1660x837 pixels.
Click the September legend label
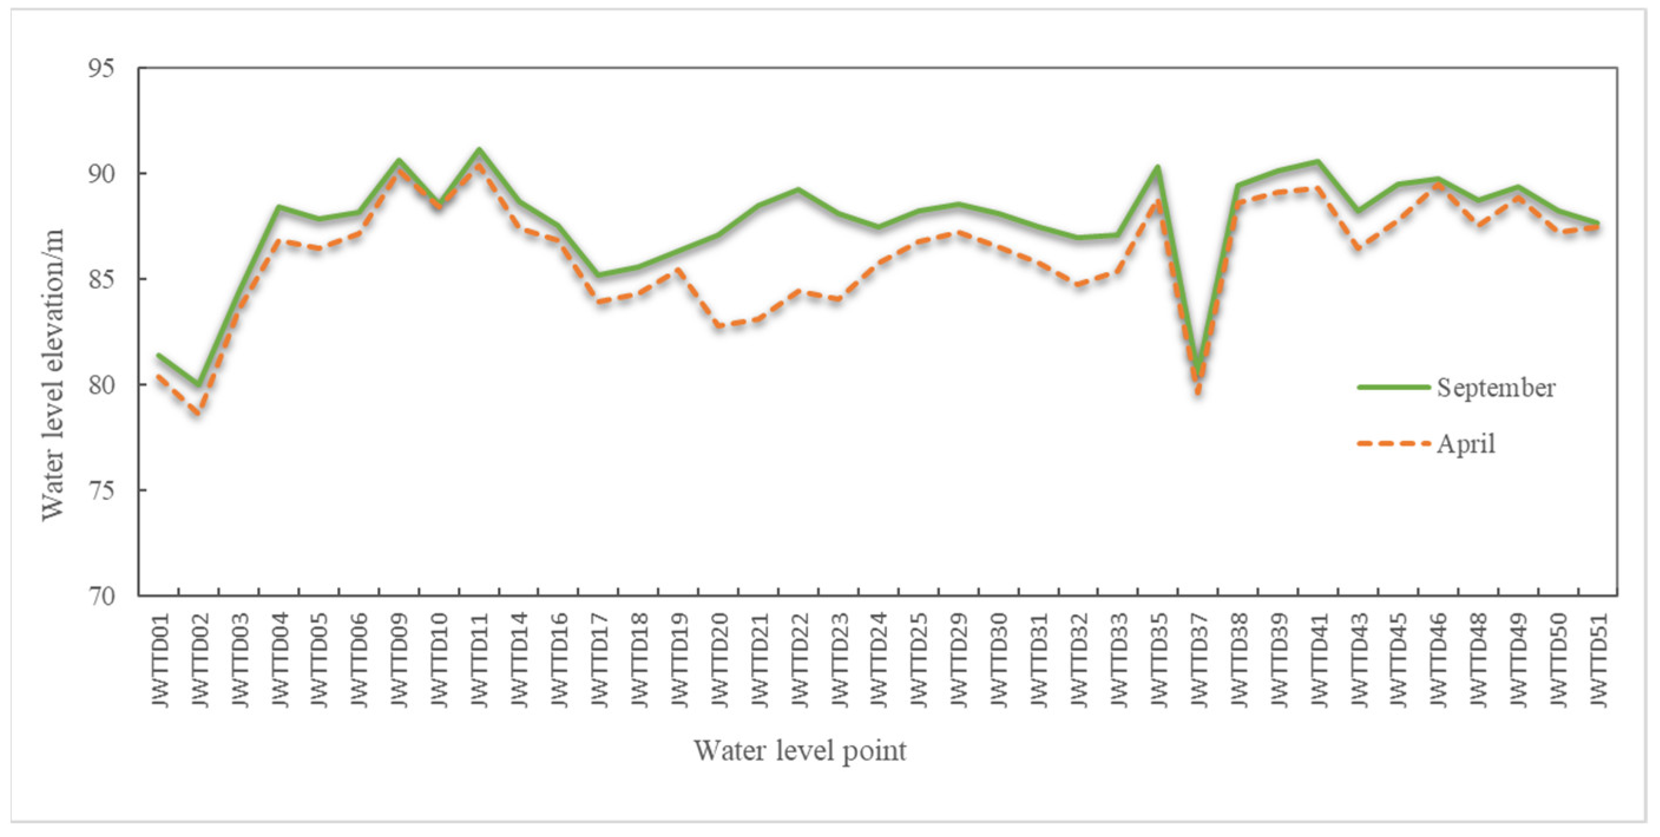pos(1495,388)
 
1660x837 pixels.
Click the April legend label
pos(1465,444)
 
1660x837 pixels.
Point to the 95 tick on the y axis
pos(101,68)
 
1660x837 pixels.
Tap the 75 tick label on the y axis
pos(101,491)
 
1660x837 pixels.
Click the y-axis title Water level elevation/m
pos(53,375)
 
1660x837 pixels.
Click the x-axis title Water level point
pos(800,751)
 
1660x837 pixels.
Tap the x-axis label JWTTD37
pos(1198,661)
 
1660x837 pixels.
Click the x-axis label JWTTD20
pos(719,661)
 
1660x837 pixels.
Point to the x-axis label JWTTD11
pos(479,661)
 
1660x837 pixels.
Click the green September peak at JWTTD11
pos(479,150)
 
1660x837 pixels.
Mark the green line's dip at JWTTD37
pos(1198,372)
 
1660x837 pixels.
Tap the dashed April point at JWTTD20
pos(719,326)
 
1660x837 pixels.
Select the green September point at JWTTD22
pos(798,189)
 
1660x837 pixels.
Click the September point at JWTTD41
pos(1318,162)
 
